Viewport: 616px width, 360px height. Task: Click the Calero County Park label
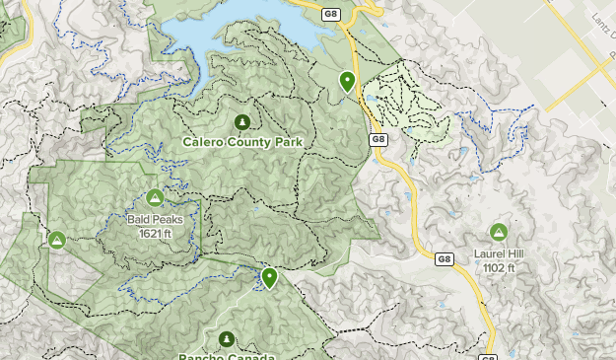(242, 142)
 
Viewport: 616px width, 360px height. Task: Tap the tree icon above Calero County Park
(242, 122)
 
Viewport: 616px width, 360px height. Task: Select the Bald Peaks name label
(154, 220)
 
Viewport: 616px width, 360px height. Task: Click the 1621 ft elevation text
(154, 234)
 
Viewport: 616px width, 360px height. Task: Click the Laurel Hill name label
(498, 253)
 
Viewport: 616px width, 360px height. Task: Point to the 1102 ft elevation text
(498, 267)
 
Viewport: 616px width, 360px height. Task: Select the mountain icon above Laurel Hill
(498, 233)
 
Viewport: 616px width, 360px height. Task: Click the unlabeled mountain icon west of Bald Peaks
(57, 240)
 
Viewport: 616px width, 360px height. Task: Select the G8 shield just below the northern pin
(378, 140)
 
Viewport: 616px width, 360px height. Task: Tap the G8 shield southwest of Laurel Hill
(444, 259)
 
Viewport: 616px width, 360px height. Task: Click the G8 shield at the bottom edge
(489, 357)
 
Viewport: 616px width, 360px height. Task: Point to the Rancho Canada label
(227, 356)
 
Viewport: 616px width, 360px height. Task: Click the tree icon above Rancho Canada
(228, 339)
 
